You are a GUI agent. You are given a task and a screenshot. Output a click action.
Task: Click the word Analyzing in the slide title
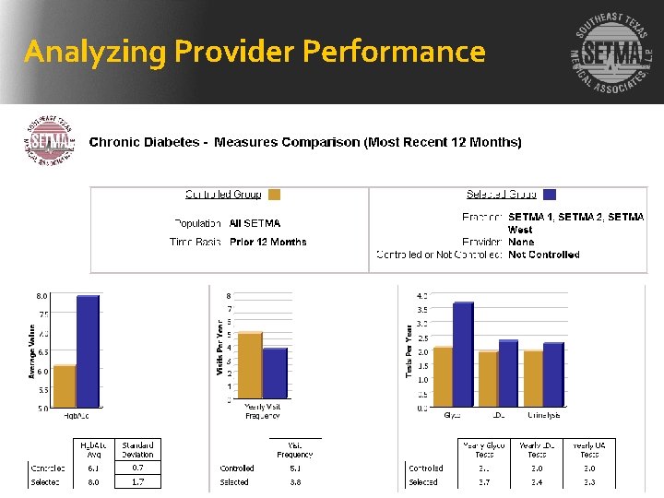tap(84, 52)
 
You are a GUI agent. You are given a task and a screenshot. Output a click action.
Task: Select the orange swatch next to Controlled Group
tap(273, 195)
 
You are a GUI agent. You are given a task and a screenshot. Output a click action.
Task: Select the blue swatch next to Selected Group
tap(550, 195)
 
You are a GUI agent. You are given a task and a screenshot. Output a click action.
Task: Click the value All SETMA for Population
tap(255, 223)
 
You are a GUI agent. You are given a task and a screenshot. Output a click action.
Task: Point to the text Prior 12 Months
tap(268, 242)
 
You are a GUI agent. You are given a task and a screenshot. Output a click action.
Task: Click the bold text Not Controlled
tap(544, 255)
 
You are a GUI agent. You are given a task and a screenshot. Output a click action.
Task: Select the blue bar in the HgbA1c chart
tap(87, 351)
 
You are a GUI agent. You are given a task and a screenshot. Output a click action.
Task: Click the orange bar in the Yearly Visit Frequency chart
tap(250, 366)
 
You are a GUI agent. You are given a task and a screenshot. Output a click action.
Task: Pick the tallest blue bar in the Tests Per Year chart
tap(463, 355)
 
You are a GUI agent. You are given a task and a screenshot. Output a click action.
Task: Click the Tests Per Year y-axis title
tap(409, 350)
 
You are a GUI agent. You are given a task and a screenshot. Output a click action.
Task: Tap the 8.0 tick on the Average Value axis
tap(42, 296)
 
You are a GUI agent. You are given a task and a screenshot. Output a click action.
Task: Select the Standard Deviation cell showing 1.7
tap(138, 481)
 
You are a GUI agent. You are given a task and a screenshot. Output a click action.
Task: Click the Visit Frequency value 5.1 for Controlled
tap(295, 468)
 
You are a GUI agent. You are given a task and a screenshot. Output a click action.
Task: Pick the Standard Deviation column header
tap(138, 449)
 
